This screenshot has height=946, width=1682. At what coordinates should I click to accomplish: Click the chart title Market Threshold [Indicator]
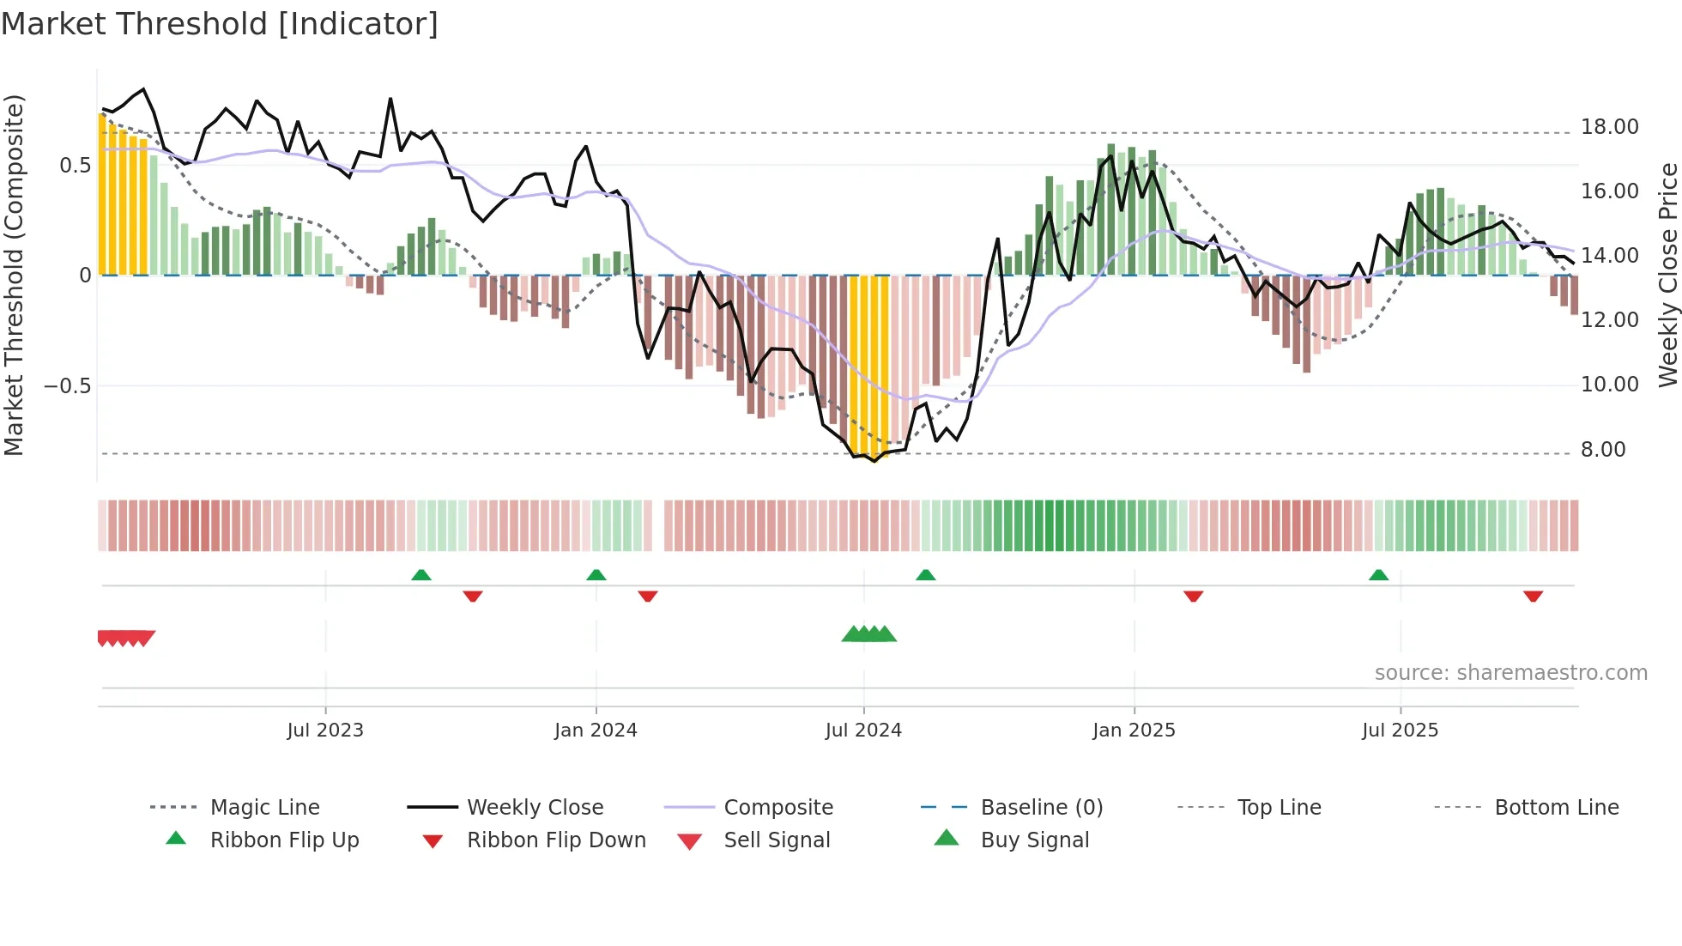[x=220, y=24]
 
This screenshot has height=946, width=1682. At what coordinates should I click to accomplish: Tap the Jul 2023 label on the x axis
[x=325, y=731]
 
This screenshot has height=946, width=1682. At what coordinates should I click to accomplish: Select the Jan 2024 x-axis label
[x=596, y=731]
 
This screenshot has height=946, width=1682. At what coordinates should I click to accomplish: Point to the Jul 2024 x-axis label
[x=863, y=731]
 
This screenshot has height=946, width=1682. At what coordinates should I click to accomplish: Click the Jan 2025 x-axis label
[x=1134, y=731]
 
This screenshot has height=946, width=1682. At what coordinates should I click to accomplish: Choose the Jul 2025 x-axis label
[x=1400, y=731]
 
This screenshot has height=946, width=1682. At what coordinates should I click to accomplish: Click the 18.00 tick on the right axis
[x=1610, y=127]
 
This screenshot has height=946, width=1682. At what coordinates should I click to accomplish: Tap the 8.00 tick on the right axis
[x=1603, y=450]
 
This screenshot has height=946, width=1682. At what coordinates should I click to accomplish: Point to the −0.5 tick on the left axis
[x=68, y=385]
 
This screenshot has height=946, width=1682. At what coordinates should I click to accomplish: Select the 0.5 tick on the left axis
[x=75, y=166]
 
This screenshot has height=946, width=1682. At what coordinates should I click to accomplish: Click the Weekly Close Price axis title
[x=1667, y=275]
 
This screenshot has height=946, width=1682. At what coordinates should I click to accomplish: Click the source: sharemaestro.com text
[x=1510, y=673]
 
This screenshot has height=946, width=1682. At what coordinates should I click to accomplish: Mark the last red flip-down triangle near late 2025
[x=1533, y=597]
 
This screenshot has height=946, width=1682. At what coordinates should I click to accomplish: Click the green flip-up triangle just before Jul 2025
[x=1378, y=575]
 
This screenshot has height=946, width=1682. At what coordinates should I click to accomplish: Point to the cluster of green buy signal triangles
[x=868, y=634]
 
